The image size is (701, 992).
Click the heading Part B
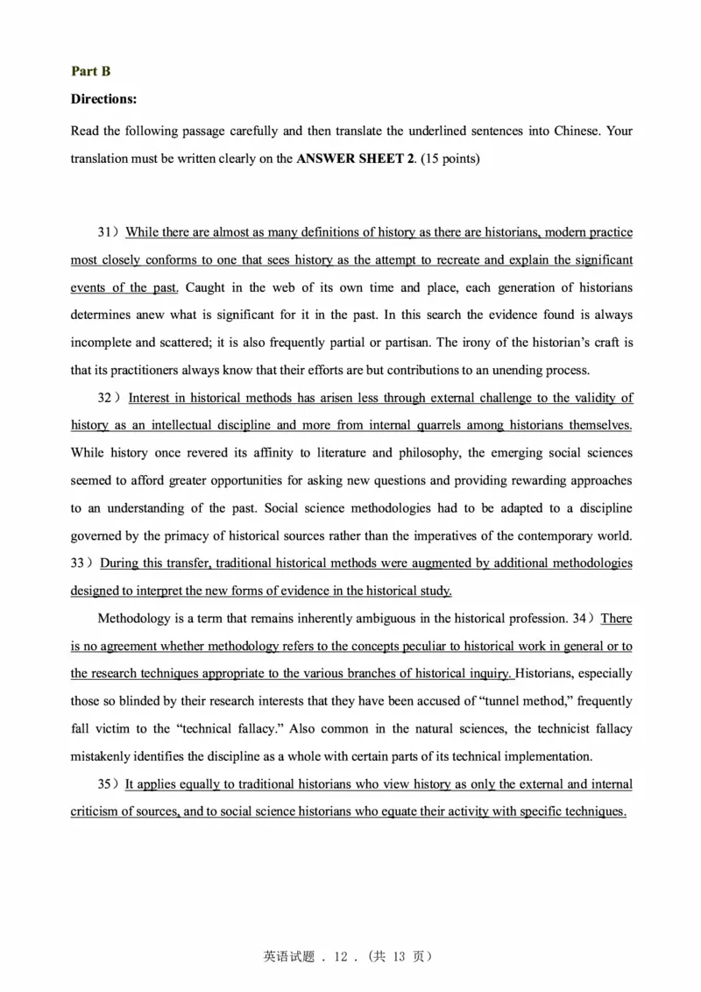point(90,72)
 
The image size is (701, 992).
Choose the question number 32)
point(110,398)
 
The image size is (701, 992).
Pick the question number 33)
point(81,563)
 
